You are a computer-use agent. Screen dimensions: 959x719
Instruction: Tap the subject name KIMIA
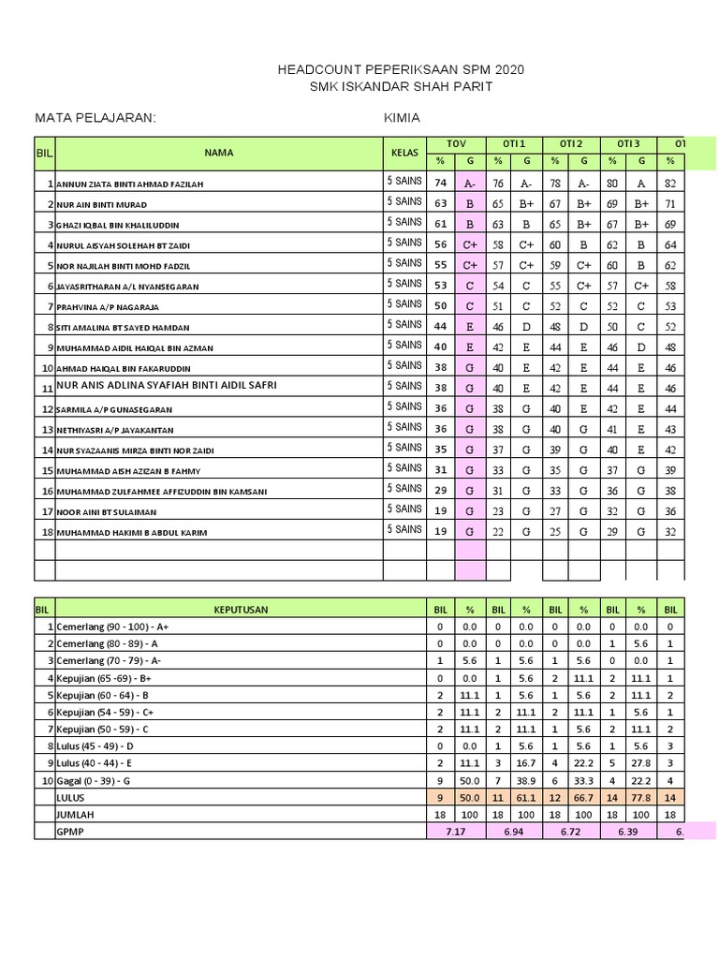pyautogui.click(x=402, y=118)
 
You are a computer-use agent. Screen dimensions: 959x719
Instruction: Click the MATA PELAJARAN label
pyautogui.click(x=95, y=118)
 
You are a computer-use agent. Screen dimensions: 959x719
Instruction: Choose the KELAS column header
pyautogui.click(x=404, y=152)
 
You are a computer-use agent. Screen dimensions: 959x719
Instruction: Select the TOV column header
pyautogui.click(x=455, y=143)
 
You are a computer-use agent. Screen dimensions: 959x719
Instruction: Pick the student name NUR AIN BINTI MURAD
pyautogui.click(x=102, y=204)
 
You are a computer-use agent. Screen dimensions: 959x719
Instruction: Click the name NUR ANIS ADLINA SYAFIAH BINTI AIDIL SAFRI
pyautogui.click(x=167, y=386)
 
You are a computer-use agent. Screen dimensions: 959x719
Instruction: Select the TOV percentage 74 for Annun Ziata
pyautogui.click(x=441, y=183)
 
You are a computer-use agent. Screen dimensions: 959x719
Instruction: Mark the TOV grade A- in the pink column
pyautogui.click(x=469, y=184)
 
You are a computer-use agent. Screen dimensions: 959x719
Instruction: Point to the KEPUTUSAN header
pyautogui.click(x=241, y=610)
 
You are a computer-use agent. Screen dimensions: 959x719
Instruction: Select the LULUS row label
pyautogui.click(x=71, y=797)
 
